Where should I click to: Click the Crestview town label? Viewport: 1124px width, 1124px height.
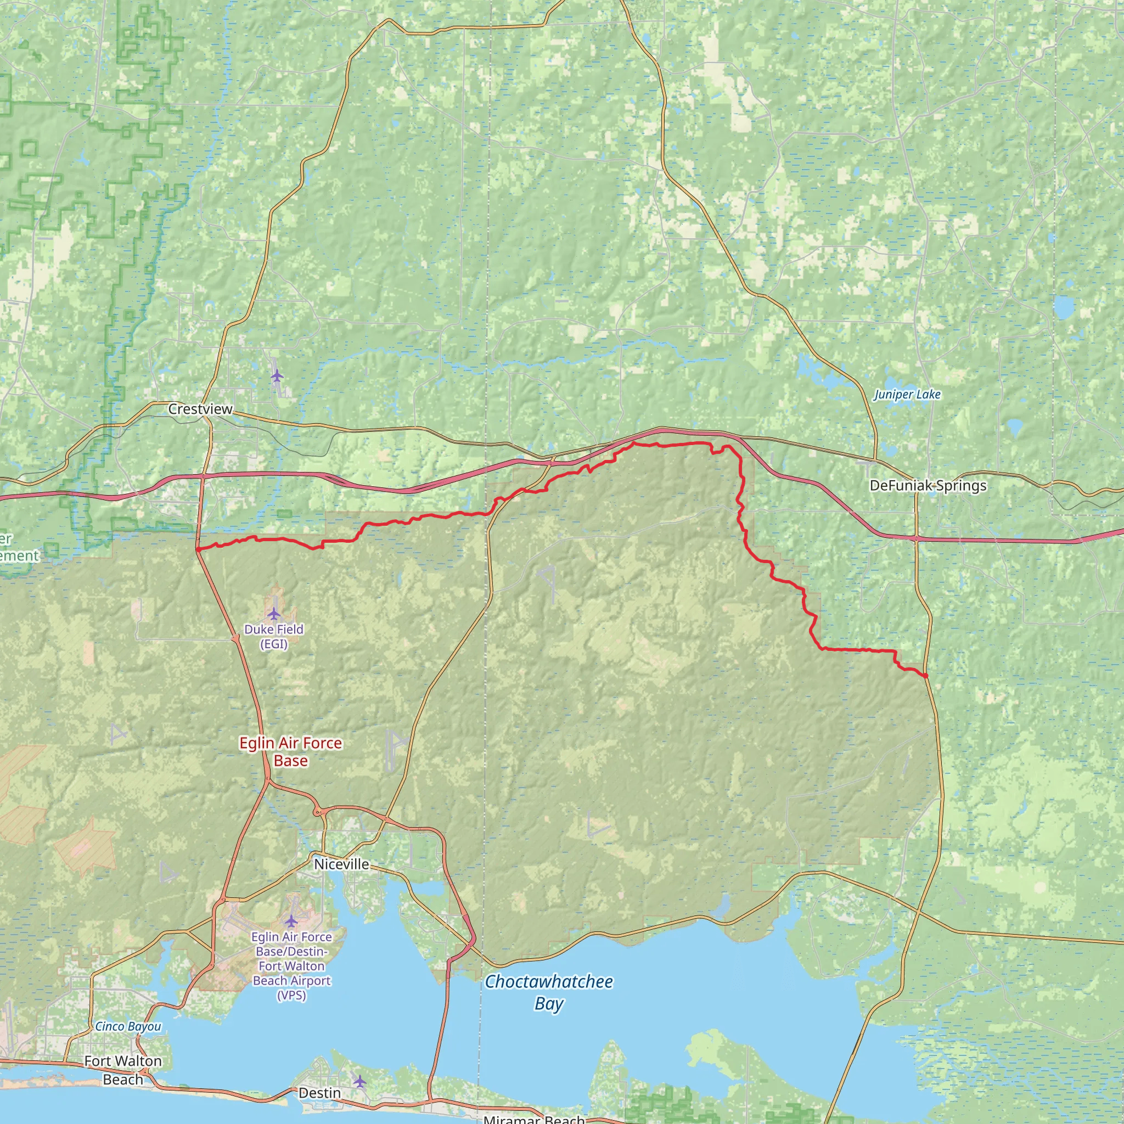pyautogui.click(x=200, y=409)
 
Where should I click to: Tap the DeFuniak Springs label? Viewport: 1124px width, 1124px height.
pyautogui.click(x=928, y=485)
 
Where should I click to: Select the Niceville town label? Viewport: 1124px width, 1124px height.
pyautogui.click(x=341, y=864)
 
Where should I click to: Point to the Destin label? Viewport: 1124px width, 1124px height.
pyautogui.click(x=319, y=1093)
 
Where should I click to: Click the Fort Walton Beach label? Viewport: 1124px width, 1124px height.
pyautogui.click(x=123, y=1070)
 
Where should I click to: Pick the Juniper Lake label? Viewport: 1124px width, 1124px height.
pyautogui.click(x=907, y=395)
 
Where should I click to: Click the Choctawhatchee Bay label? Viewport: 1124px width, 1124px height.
pyautogui.click(x=549, y=992)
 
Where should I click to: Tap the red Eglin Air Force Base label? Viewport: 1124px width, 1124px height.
pyautogui.click(x=290, y=752)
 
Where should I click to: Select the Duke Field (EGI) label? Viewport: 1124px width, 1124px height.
pyautogui.click(x=273, y=636)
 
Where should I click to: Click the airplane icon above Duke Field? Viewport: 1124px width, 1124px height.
pyautogui.click(x=273, y=614)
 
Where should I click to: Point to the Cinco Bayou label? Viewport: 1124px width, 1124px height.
pyautogui.click(x=128, y=1026)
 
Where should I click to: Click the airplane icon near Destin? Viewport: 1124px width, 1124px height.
pyautogui.click(x=360, y=1082)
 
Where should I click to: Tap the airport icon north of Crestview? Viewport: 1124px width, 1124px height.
pyautogui.click(x=277, y=376)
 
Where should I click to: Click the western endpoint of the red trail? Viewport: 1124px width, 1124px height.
pyautogui.click(x=198, y=549)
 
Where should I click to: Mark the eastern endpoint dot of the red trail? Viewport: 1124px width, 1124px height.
pyautogui.click(x=925, y=676)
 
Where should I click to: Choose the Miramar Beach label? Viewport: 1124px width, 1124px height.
pyautogui.click(x=534, y=1119)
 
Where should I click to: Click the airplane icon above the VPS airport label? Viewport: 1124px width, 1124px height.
pyautogui.click(x=291, y=921)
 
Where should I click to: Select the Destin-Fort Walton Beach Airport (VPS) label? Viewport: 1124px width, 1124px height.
pyautogui.click(x=291, y=966)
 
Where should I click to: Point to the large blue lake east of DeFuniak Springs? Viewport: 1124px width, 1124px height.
pyautogui.click(x=1064, y=306)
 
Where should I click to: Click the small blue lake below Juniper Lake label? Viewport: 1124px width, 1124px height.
pyautogui.click(x=1014, y=429)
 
